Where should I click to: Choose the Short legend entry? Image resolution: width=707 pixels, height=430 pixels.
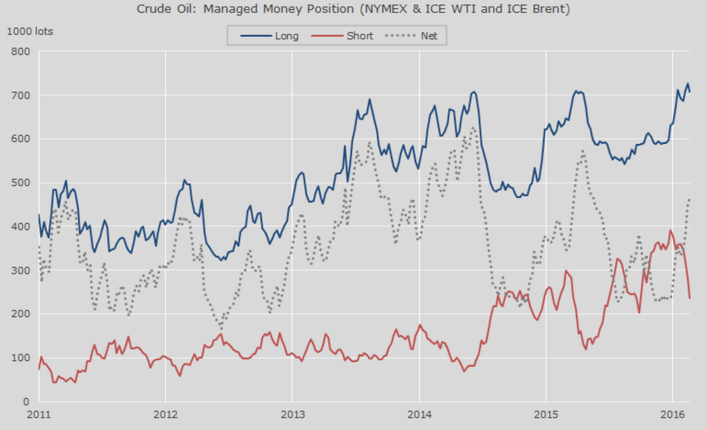[x=359, y=36]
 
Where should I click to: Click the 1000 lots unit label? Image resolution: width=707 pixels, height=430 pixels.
[x=29, y=31]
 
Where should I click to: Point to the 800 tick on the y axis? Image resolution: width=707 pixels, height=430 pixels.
[x=20, y=51]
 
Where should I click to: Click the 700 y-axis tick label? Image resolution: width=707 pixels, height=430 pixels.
[x=20, y=95]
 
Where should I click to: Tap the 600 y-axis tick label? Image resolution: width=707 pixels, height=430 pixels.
[x=20, y=138]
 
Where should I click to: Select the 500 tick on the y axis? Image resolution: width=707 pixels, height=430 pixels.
[x=20, y=182]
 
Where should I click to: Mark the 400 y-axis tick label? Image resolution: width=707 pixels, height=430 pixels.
[x=20, y=226]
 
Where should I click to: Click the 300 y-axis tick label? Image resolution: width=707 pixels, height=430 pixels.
[x=20, y=270]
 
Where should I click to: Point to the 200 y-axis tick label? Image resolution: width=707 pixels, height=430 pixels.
[x=20, y=314]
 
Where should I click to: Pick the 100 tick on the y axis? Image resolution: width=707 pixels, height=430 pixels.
[x=20, y=358]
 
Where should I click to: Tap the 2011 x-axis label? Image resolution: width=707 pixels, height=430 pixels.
[x=39, y=415]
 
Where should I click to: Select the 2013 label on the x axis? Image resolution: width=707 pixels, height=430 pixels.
[x=292, y=415]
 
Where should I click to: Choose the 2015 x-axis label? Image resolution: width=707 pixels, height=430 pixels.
[x=545, y=415]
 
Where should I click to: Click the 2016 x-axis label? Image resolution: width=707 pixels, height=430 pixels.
[x=671, y=415]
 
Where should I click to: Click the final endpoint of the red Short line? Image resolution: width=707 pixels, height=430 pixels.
[x=690, y=298]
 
